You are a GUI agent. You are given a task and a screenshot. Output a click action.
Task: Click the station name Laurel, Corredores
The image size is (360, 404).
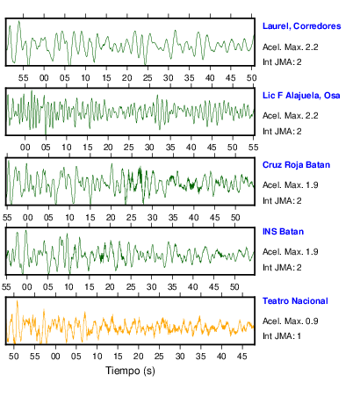[301, 26]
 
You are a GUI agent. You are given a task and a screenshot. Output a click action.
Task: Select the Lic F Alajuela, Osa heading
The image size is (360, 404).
[301, 96]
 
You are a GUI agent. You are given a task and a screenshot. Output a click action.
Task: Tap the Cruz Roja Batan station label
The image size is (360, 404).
[296, 165]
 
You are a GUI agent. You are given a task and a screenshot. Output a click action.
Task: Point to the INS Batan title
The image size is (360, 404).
[283, 232]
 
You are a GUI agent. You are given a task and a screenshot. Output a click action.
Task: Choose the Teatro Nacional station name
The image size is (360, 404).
[295, 301]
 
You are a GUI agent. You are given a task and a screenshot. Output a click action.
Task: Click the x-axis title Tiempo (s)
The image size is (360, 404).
[130, 371]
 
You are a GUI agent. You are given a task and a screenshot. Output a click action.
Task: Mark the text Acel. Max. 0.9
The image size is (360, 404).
[290, 321]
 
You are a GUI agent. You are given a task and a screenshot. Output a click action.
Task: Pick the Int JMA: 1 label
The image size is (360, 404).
[282, 335]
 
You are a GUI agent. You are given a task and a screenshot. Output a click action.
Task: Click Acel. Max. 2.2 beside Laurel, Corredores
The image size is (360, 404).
[290, 47]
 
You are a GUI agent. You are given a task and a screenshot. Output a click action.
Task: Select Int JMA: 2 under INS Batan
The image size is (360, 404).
[282, 267]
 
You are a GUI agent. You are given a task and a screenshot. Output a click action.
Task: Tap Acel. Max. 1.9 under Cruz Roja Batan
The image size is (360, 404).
[290, 185]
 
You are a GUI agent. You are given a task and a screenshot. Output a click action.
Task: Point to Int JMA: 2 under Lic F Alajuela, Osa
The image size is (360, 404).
[282, 131]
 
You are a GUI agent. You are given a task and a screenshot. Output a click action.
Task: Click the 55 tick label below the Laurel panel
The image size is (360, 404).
[24, 78]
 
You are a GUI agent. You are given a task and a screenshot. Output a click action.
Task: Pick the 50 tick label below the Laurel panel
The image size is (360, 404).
[251, 78]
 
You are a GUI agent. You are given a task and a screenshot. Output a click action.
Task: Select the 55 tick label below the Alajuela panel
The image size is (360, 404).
[253, 147]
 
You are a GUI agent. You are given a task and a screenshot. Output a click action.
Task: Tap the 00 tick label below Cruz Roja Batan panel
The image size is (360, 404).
[28, 218]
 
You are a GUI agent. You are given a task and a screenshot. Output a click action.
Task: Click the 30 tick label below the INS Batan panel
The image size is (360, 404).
[151, 286]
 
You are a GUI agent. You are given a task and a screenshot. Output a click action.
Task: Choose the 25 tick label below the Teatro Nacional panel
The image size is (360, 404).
[159, 357]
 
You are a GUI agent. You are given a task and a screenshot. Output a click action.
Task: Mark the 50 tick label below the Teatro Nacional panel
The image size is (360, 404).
[14, 357]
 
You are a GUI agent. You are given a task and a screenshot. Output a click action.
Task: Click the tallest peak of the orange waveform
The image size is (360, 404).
[18, 300]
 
